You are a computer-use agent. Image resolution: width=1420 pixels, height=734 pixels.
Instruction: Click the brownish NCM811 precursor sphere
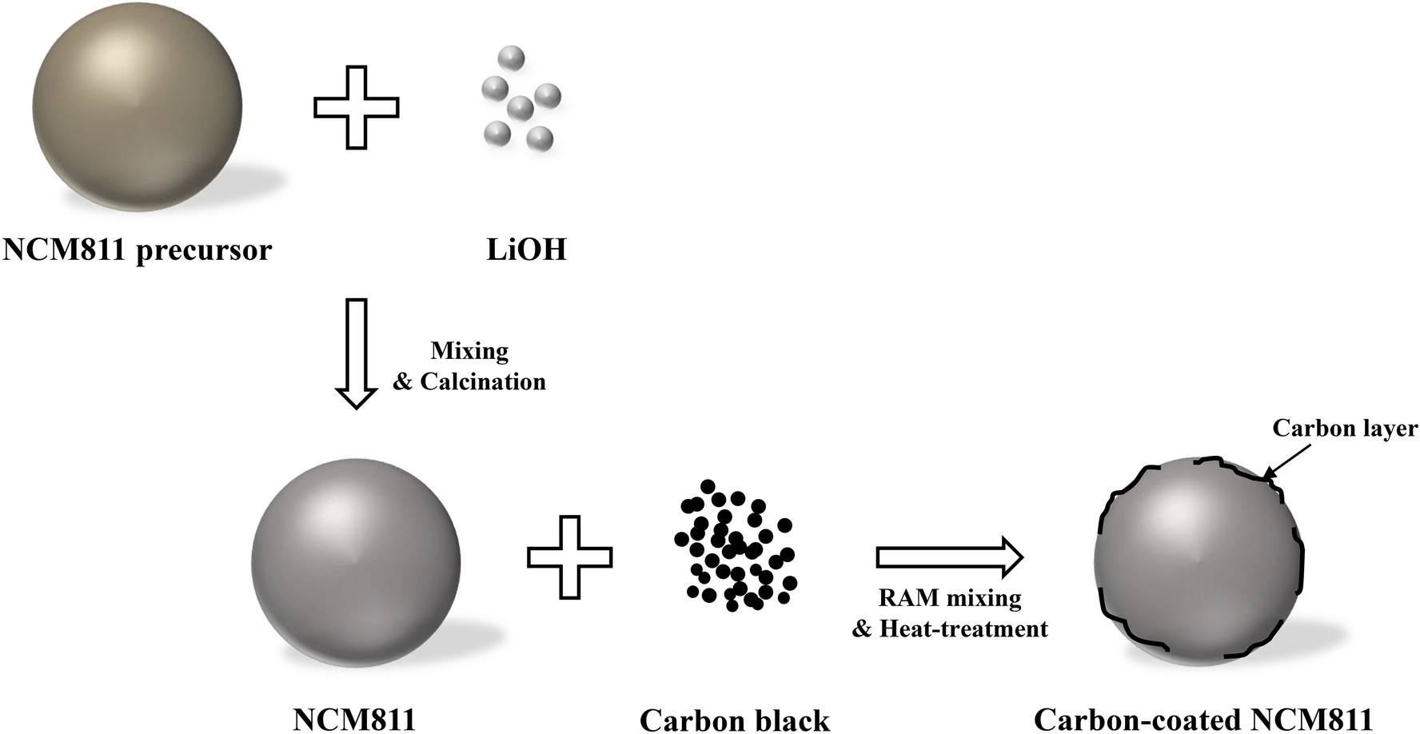point(137,107)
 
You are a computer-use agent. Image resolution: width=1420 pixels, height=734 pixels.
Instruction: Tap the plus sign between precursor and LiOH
point(356,107)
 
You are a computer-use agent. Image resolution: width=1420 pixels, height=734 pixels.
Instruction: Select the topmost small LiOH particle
point(511,58)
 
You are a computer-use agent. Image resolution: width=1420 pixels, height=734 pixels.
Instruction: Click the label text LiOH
point(526,250)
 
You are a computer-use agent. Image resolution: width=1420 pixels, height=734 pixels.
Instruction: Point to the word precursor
point(204,251)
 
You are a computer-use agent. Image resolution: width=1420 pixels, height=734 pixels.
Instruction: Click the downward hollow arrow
point(356,353)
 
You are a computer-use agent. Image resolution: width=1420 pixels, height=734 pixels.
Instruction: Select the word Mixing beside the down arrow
point(469,351)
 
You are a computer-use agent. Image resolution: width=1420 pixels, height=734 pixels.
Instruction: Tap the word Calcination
point(483,381)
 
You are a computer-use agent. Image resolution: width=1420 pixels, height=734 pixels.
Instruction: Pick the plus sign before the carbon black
point(569,556)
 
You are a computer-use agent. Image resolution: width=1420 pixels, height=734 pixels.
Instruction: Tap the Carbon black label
point(735,720)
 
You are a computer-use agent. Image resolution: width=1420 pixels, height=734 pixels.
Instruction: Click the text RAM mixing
point(950,598)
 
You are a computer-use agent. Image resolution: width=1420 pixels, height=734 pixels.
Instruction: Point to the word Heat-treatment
point(963,629)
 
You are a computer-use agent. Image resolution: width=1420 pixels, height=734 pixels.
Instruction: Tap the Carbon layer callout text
point(1345,429)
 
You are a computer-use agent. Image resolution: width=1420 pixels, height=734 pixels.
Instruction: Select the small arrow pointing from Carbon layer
point(1287,462)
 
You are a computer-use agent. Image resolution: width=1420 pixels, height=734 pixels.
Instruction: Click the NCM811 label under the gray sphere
point(354,720)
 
